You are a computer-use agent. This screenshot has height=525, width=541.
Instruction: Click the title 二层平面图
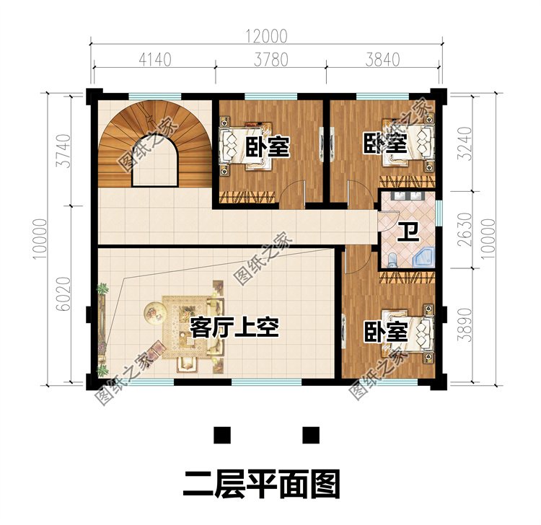(260, 482)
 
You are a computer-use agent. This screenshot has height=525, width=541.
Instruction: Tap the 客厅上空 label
(234, 327)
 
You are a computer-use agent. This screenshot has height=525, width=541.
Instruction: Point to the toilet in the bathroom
(391, 260)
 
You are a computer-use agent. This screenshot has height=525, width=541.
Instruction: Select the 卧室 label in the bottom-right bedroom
(385, 332)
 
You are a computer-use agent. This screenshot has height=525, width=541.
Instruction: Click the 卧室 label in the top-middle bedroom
(267, 147)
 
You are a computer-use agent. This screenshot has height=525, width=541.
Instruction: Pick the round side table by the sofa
(154, 311)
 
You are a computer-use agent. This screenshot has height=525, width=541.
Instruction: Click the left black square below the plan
(222, 435)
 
